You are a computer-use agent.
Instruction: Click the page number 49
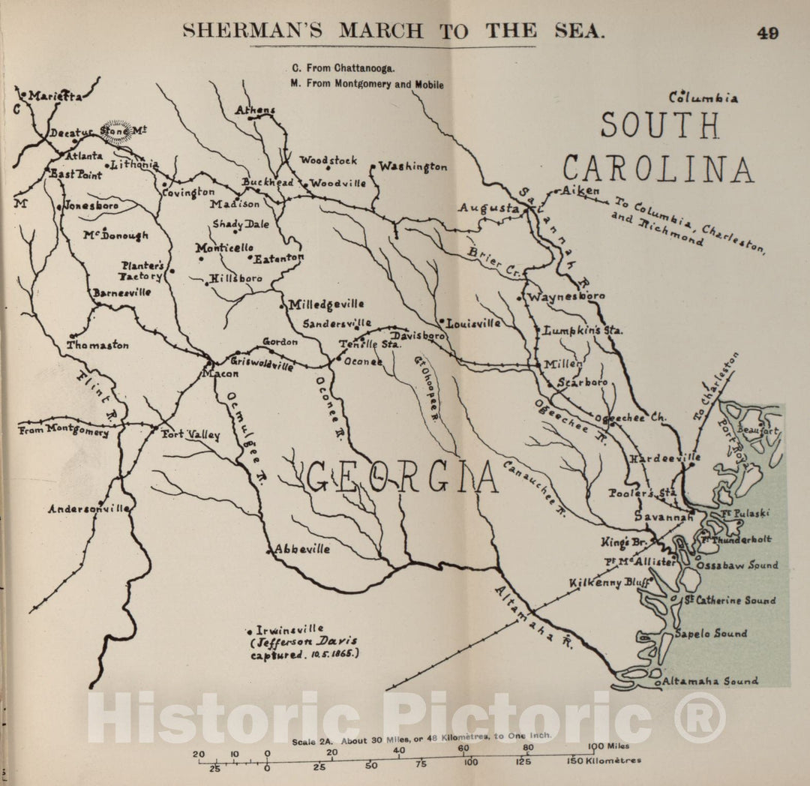(x=767, y=33)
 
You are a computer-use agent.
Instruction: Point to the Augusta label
(x=488, y=208)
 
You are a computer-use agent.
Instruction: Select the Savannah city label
(x=663, y=517)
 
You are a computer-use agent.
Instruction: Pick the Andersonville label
(x=88, y=508)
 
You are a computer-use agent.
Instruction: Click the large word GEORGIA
(x=401, y=478)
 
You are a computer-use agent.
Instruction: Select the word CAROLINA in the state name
(x=658, y=169)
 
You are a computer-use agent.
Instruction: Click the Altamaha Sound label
(x=709, y=681)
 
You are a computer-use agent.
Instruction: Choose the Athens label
(x=255, y=110)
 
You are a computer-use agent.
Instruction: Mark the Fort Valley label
(x=191, y=435)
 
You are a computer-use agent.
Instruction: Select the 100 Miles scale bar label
(x=608, y=746)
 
